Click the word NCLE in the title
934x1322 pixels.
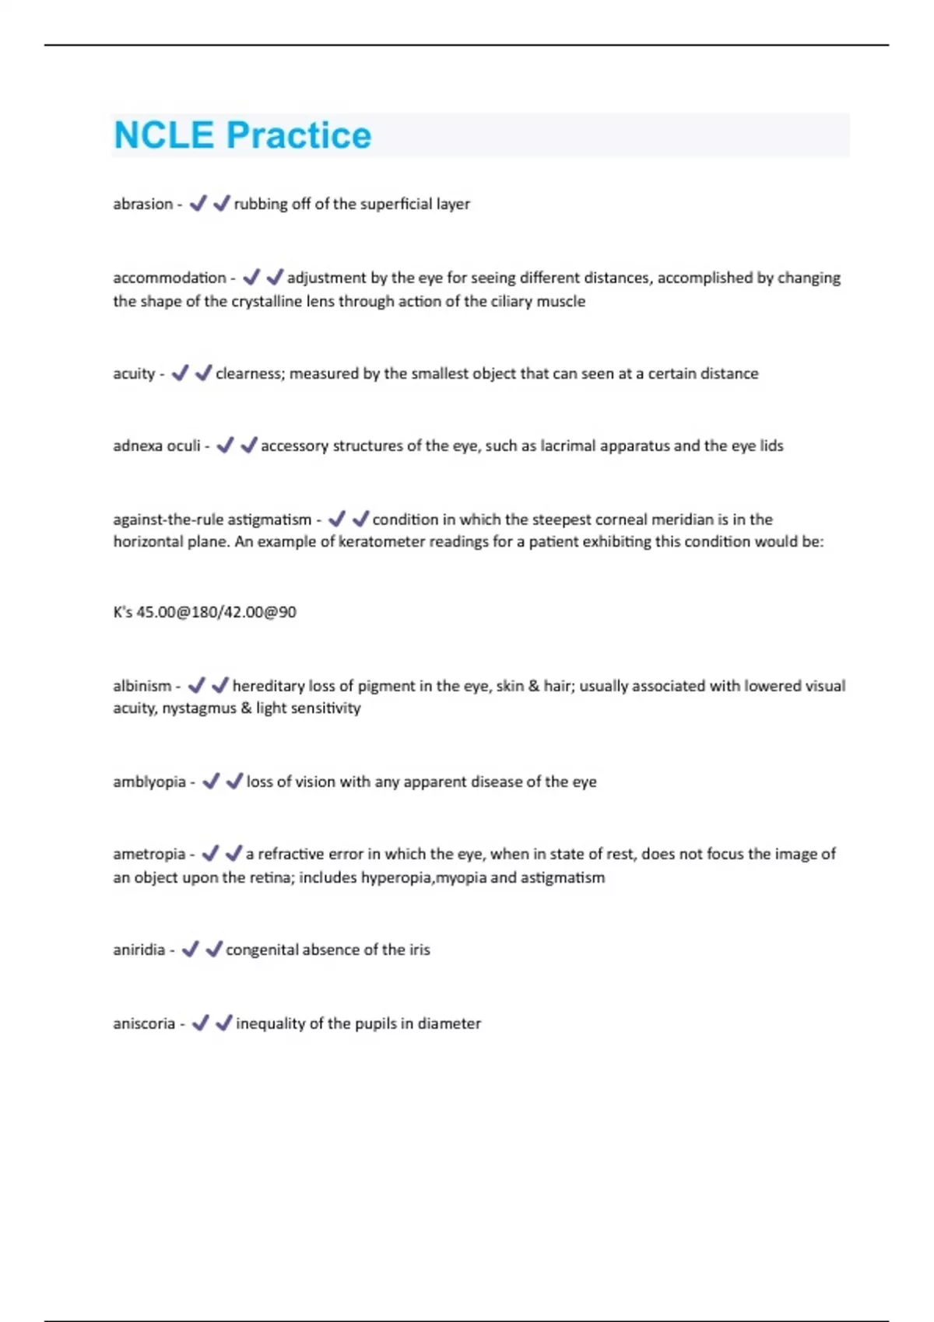tap(163, 135)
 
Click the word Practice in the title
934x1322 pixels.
tap(298, 135)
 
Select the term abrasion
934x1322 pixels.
tap(142, 204)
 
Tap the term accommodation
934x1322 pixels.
tap(169, 278)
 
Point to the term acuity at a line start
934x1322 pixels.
tap(134, 373)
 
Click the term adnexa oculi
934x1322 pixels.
tap(156, 446)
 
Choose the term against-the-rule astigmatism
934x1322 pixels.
tap(212, 519)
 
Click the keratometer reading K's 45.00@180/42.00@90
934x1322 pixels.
tap(205, 612)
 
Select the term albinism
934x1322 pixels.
tap(142, 686)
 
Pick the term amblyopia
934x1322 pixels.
tap(149, 782)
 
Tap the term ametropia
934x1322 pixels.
tap(149, 854)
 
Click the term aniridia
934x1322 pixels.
tap(139, 950)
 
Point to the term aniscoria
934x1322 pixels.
tap(144, 1023)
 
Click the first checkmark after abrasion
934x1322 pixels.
tap(198, 203)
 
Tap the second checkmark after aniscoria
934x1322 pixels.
tap(223, 1023)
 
